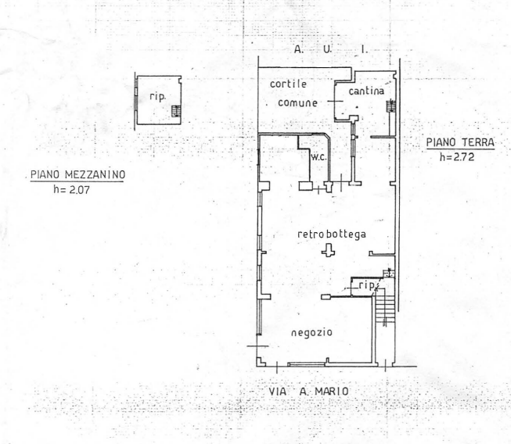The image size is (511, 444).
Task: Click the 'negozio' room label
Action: point(311,333)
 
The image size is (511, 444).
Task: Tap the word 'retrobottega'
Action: point(332,235)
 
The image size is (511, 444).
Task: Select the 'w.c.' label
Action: point(318,157)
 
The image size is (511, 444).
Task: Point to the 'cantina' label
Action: point(366,91)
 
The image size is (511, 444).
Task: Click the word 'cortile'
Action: point(288,84)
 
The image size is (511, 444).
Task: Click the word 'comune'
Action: point(297,103)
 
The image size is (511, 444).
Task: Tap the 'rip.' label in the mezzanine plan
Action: point(158,97)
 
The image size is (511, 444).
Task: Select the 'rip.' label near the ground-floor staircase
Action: point(367,285)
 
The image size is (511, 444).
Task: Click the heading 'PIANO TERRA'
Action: point(460,142)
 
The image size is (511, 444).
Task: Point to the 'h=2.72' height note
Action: point(457,157)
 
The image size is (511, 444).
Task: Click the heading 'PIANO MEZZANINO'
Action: point(77,175)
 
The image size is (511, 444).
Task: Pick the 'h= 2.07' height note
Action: point(71,189)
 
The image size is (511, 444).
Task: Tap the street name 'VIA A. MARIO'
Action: point(308,392)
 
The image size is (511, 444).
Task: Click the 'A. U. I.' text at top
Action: point(331,49)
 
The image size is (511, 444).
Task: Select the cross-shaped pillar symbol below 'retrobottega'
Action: point(328,251)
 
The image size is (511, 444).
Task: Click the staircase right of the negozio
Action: point(385,307)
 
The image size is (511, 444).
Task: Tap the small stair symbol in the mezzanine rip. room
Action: point(176,111)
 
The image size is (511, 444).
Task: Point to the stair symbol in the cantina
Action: point(391,106)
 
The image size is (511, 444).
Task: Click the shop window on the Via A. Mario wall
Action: point(307,364)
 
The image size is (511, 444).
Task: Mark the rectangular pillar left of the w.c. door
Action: point(306,186)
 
